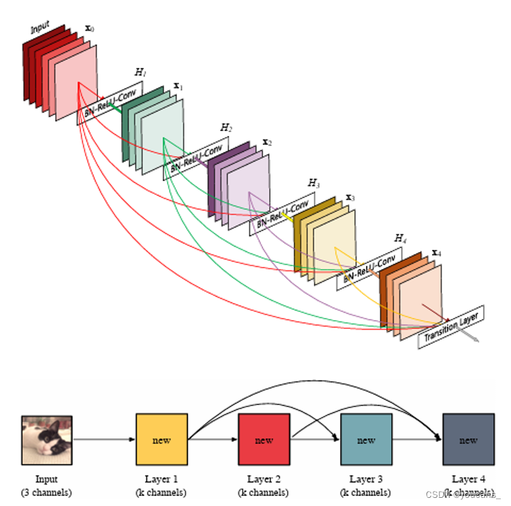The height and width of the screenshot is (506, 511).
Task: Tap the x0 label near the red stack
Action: click(x=89, y=30)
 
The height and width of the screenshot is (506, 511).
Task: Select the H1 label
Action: click(x=140, y=72)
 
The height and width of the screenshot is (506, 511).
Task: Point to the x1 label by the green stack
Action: click(x=178, y=86)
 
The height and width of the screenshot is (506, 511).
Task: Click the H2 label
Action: click(x=226, y=128)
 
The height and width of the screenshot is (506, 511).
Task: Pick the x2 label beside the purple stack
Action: click(x=267, y=142)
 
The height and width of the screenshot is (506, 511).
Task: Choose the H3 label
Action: click(x=313, y=183)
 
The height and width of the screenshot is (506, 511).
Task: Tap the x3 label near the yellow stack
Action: click(x=350, y=197)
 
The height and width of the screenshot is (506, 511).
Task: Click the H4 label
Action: click(x=400, y=238)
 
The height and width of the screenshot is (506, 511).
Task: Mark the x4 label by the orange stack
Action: click(x=436, y=253)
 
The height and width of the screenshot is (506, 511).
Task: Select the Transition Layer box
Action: click(x=452, y=327)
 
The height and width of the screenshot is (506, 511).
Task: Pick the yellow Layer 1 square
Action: click(x=161, y=439)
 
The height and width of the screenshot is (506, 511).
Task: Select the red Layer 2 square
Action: click(x=264, y=439)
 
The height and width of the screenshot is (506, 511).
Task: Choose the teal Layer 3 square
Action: click(x=366, y=439)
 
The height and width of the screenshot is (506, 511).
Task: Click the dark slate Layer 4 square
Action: click(x=467, y=439)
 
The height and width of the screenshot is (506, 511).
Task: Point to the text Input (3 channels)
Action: click(x=46, y=486)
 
